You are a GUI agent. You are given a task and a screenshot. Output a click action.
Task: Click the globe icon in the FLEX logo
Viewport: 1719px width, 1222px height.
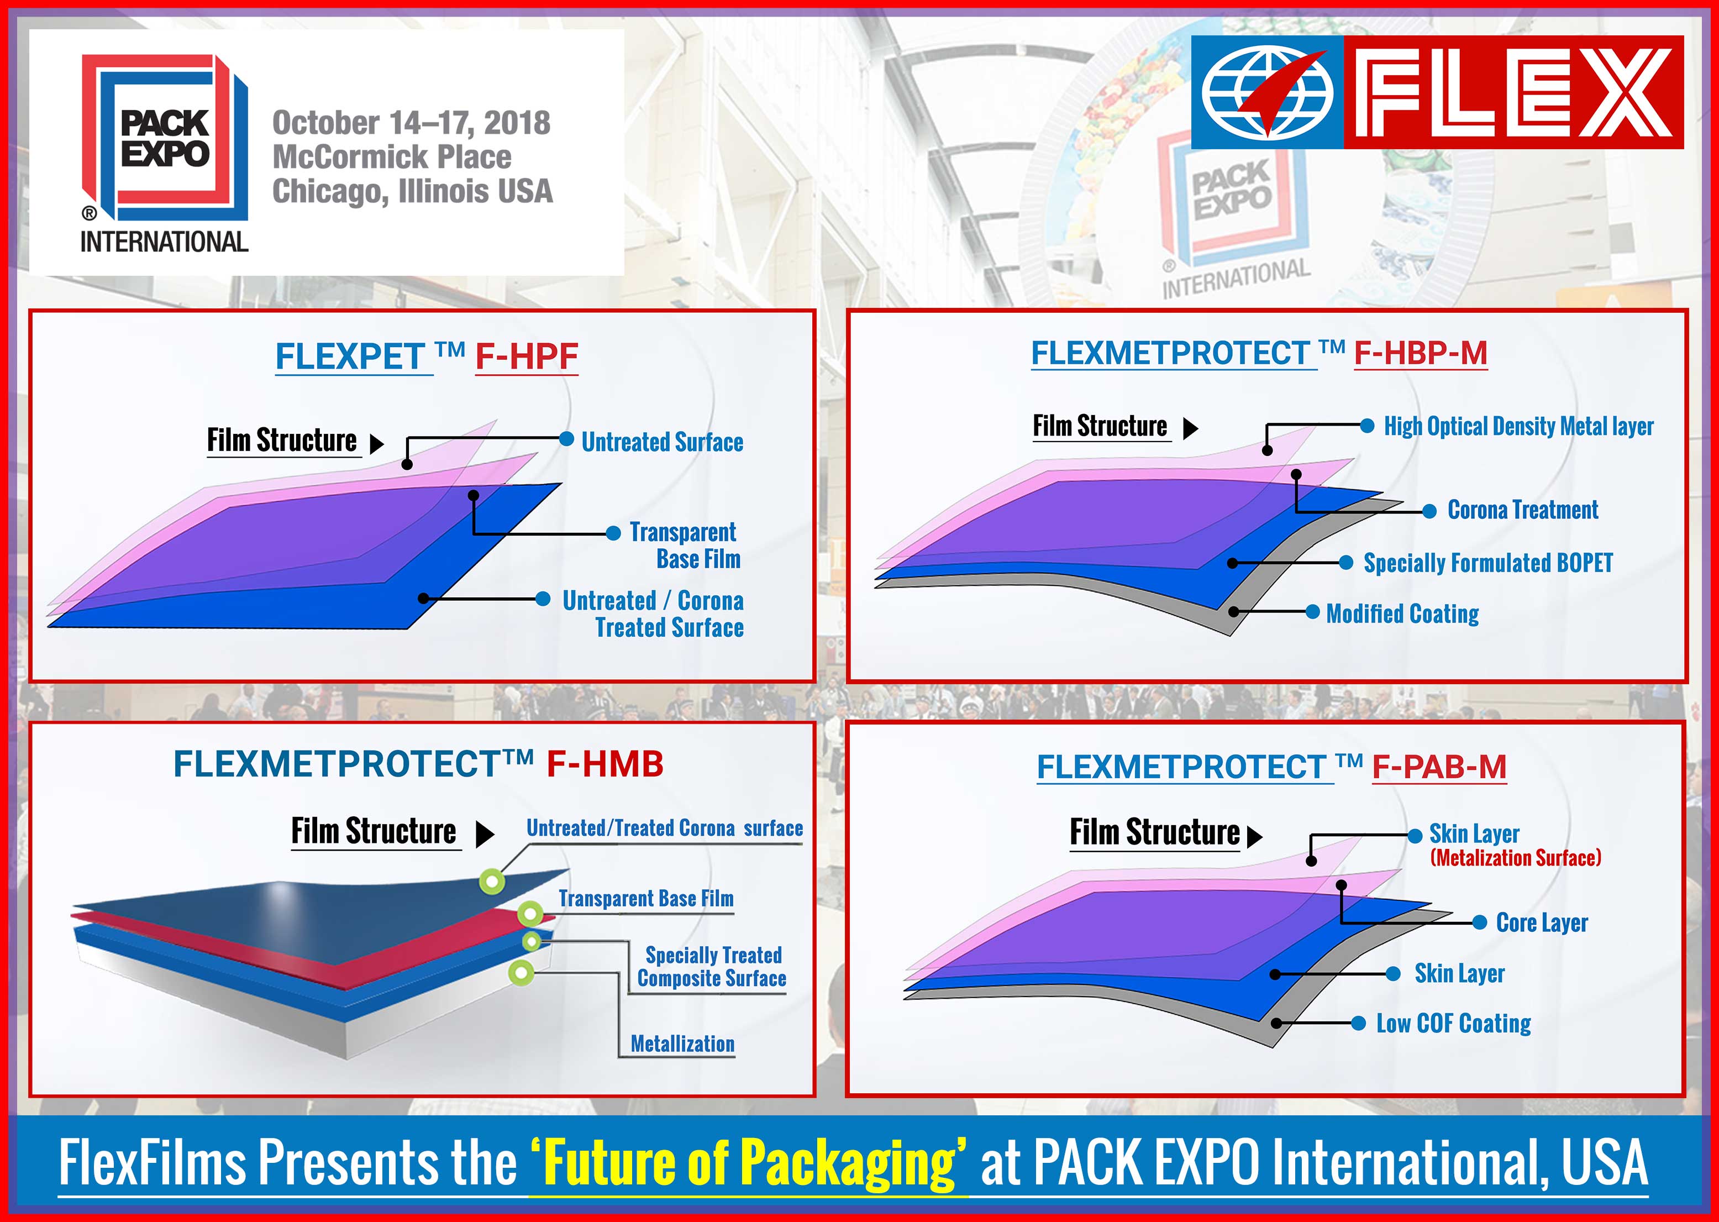(x=1268, y=92)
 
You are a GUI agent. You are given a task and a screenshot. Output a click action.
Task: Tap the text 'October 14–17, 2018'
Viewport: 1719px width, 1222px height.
(x=411, y=123)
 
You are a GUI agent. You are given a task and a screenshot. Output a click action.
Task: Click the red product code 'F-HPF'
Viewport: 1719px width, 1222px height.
(x=527, y=356)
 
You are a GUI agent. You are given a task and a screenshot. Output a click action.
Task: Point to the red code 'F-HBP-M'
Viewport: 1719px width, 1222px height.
(x=1420, y=353)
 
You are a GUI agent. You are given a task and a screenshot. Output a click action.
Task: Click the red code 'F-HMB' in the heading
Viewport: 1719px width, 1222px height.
(x=605, y=764)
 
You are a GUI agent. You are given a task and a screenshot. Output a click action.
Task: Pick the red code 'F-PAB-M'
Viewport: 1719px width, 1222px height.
(x=1439, y=767)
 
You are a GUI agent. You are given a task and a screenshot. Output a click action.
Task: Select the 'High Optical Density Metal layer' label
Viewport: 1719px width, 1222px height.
(x=1519, y=426)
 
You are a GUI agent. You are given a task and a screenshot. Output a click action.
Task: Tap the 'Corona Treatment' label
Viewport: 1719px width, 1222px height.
(x=1523, y=510)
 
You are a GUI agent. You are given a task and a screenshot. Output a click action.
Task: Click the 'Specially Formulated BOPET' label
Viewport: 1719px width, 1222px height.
(x=1488, y=563)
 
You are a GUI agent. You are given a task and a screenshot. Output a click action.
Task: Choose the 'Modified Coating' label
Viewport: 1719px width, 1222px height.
(x=1402, y=613)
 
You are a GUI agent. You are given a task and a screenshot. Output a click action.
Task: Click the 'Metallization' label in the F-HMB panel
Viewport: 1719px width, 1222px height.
(x=682, y=1043)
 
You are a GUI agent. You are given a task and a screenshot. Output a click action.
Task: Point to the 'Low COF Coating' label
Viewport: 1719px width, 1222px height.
(x=1453, y=1024)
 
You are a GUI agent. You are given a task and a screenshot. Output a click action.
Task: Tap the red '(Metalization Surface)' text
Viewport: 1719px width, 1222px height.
(x=1515, y=858)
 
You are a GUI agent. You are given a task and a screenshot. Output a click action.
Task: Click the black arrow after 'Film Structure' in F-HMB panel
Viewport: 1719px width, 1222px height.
(x=485, y=833)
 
